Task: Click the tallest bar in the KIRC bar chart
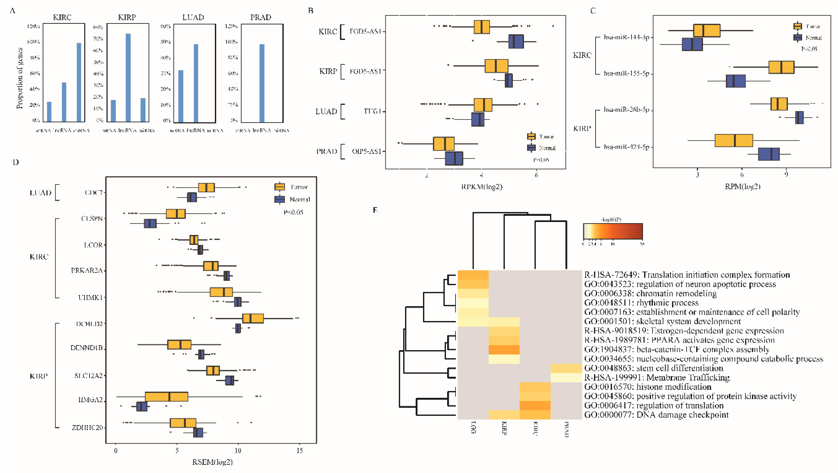click(x=79, y=82)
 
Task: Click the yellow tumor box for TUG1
click(x=483, y=105)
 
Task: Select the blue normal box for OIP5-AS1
click(x=454, y=158)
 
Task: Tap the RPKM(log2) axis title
click(x=481, y=187)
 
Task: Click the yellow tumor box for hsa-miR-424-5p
click(x=734, y=140)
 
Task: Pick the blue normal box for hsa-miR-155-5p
click(x=736, y=81)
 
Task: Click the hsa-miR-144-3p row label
click(x=626, y=37)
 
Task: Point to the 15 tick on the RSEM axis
click(x=299, y=451)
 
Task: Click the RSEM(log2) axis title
click(x=212, y=462)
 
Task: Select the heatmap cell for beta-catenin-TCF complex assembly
click(x=504, y=350)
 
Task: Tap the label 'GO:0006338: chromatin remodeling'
click(x=650, y=293)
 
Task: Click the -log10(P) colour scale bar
click(x=612, y=232)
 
